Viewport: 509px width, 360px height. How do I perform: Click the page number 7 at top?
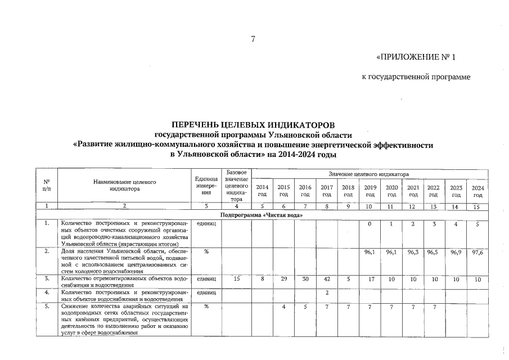coord(253,39)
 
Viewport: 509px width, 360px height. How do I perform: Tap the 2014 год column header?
coord(262,190)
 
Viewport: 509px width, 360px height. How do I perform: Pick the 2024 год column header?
coord(478,190)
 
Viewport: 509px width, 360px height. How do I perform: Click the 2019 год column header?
coord(370,190)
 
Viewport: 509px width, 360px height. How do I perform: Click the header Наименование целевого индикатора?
coord(124,186)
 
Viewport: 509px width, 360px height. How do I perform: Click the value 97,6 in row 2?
coord(478,252)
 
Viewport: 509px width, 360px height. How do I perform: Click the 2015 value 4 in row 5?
coord(284,307)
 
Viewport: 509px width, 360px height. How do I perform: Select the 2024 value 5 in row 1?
coord(478,225)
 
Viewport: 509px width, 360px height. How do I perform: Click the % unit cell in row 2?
coord(206,252)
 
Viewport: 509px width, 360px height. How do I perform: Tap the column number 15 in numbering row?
coord(478,207)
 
